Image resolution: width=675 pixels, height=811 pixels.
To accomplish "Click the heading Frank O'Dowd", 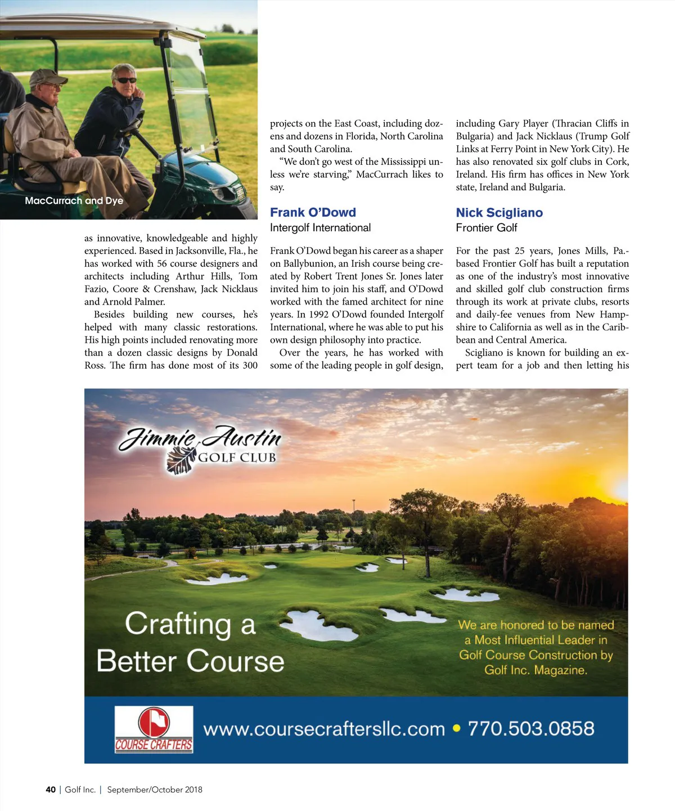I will point(313,213).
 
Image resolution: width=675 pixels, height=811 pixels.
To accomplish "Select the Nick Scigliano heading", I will point(499,213).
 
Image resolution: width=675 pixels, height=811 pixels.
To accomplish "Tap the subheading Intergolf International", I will point(320,228).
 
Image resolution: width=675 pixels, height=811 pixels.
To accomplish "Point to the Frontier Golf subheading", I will point(486,228).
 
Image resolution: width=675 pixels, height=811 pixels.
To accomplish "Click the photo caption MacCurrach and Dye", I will point(74,201).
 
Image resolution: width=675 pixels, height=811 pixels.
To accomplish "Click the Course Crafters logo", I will point(154,729).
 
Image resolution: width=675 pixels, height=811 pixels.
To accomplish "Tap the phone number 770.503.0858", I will point(530,729).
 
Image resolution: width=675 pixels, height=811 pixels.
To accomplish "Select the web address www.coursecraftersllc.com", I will point(324,729).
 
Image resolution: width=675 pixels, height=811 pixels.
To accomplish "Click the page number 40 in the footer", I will point(51,790).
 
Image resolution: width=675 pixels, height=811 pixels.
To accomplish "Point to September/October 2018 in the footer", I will point(155,790).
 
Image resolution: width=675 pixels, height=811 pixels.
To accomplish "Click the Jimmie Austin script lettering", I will point(200,438).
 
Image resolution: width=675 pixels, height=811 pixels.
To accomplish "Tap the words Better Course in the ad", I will point(190,661).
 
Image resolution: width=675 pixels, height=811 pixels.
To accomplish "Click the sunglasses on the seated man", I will point(125,80).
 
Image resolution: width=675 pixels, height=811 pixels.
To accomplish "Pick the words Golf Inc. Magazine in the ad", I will point(535,670).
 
